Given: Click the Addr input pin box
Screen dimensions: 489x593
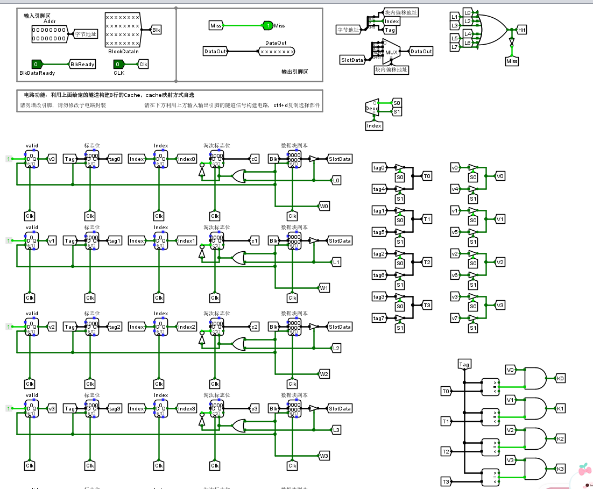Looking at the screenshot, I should click(x=50, y=34).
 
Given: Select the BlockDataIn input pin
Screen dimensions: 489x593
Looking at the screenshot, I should click(x=122, y=30).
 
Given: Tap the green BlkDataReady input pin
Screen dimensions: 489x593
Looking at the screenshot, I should click(x=37, y=64).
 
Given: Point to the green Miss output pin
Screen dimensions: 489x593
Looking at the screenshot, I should click(x=267, y=25).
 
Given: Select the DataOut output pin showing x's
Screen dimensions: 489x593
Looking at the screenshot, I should click(x=277, y=52).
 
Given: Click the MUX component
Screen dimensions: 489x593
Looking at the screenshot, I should click(x=391, y=52).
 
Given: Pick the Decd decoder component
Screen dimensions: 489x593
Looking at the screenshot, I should click(x=371, y=107).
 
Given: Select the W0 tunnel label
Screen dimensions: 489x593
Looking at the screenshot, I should click(x=324, y=206).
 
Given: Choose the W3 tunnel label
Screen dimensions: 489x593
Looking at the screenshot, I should click(x=324, y=456).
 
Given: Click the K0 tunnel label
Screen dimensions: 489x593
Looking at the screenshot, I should click(x=561, y=378).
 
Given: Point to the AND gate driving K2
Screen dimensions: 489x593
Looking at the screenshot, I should click(x=535, y=438).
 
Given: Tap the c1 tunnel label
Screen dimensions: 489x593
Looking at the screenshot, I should click(x=255, y=240).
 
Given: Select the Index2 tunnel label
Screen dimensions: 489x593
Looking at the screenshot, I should click(x=187, y=327).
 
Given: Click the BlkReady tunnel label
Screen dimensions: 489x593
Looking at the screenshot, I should click(x=82, y=64).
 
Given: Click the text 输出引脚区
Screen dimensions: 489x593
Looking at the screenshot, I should click(x=294, y=72).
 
